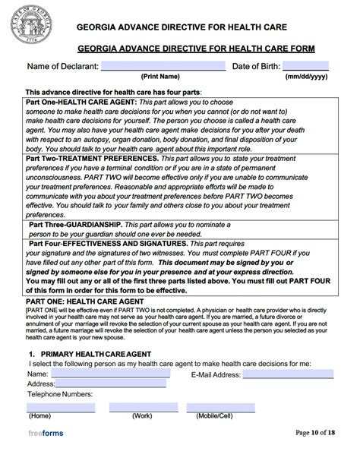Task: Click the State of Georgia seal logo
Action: point(30,28)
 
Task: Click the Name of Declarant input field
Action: point(163,66)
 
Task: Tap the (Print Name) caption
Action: point(160,77)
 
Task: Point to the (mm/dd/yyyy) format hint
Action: point(306,77)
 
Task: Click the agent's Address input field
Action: point(106,384)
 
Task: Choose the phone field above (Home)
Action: point(61,407)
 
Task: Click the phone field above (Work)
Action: point(142,407)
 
